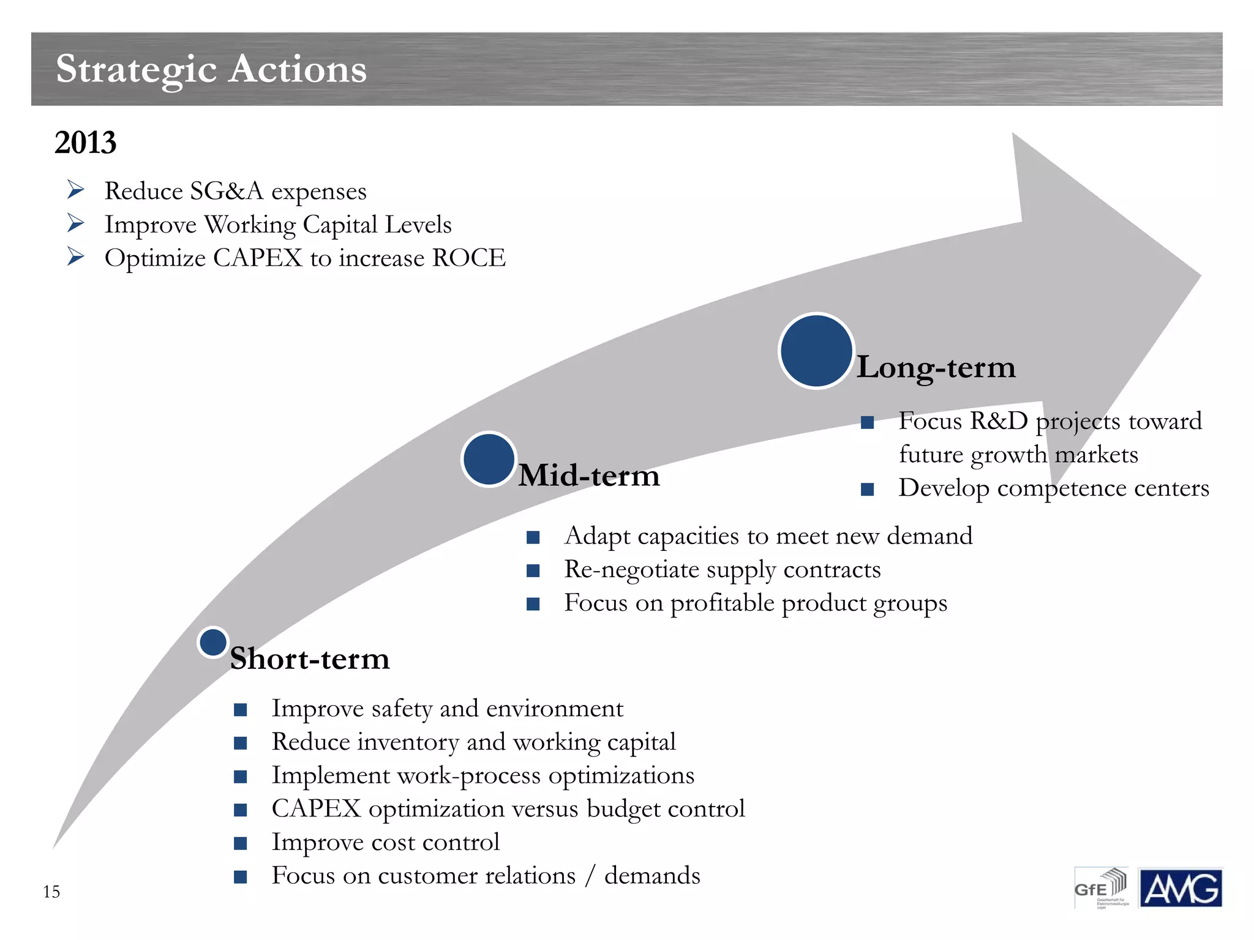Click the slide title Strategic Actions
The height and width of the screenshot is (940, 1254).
point(211,69)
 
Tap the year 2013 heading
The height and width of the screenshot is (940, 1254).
point(85,143)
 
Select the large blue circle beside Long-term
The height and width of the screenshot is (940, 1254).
point(816,351)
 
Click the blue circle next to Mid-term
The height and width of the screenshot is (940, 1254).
point(489,459)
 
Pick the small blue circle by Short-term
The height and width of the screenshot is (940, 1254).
point(213,643)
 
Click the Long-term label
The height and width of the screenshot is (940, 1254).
point(936,367)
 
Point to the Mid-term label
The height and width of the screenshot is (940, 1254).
point(589,476)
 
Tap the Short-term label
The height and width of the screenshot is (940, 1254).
point(310,659)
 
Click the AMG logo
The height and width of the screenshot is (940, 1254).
point(1180,888)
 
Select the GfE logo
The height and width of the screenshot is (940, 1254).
point(1101,888)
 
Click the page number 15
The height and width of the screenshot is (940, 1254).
point(51,892)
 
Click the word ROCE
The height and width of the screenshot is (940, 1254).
point(469,258)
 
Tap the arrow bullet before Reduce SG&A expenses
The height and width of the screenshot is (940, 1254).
point(75,190)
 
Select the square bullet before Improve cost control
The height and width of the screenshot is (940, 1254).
point(241,843)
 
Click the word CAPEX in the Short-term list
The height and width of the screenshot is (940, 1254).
point(316,809)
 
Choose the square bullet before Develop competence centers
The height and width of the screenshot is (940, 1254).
point(867,489)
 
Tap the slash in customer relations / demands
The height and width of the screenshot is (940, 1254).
point(590,876)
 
